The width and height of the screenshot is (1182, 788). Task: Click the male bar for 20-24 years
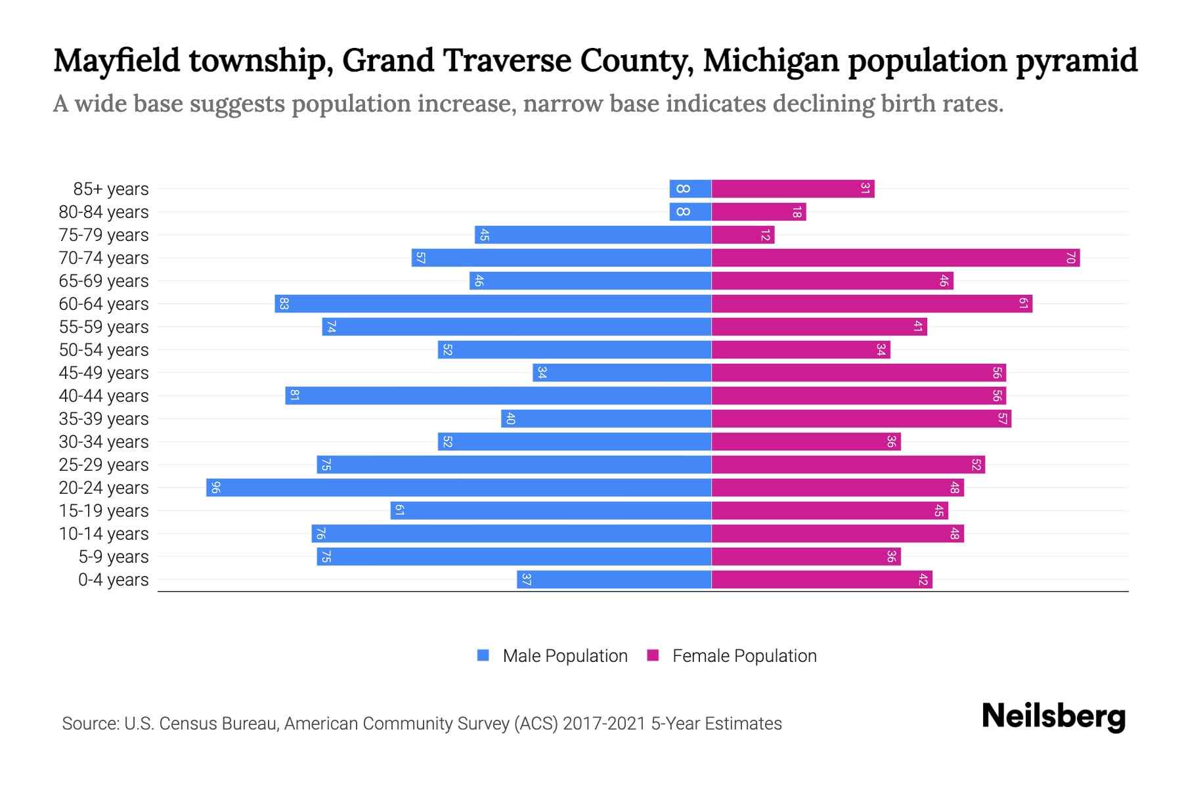tap(460, 488)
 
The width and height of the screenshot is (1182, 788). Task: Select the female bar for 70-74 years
tap(896, 258)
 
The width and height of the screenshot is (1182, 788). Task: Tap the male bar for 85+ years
tap(691, 189)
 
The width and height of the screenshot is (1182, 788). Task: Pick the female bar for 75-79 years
tap(743, 235)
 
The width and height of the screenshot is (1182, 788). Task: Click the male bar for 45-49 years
tap(623, 373)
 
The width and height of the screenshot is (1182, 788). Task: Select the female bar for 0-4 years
tap(821, 580)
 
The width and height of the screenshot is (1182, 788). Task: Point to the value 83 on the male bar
tap(284, 304)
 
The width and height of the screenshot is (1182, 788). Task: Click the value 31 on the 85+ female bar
tap(865, 189)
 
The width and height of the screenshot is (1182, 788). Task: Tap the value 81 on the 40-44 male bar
tap(295, 396)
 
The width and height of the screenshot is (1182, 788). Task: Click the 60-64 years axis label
tap(104, 304)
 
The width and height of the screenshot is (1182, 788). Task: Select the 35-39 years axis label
tap(104, 419)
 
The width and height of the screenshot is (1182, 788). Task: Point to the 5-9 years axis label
tap(114, 557)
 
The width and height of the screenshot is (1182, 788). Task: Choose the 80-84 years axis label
tap(104, 212)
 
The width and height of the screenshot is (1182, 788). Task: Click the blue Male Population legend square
tap(483, 655)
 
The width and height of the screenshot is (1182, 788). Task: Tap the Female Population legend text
tap(744, 656)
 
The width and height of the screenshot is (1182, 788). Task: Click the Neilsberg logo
tap(1053, 716)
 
